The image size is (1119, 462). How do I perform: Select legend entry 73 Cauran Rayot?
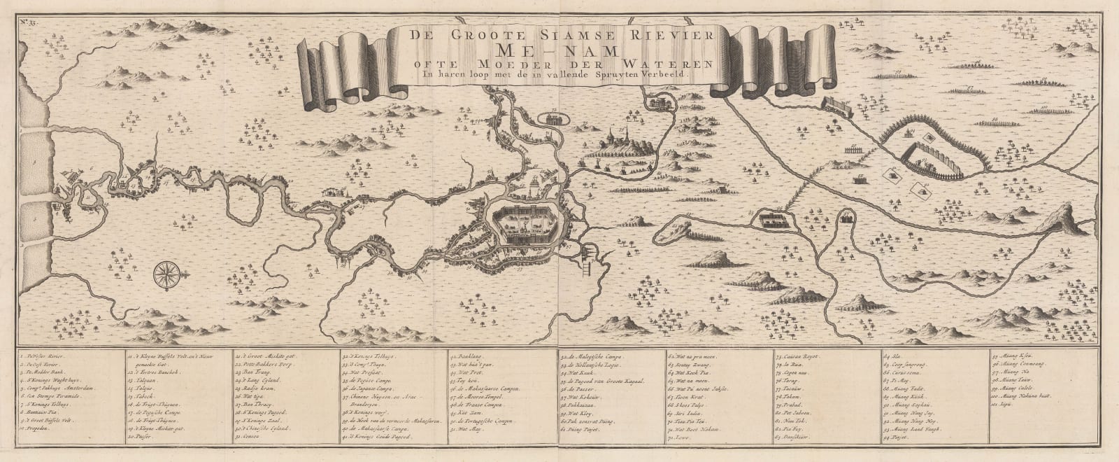(801, 358)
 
